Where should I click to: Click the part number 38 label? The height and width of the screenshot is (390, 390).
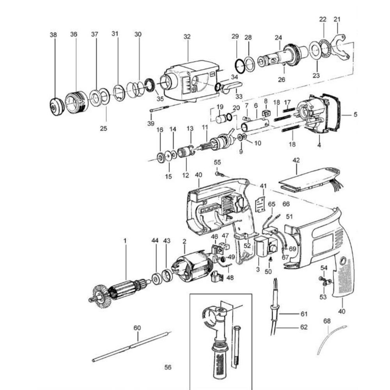53,35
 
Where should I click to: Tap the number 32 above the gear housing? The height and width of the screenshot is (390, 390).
187,37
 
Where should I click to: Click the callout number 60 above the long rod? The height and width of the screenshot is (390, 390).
137,328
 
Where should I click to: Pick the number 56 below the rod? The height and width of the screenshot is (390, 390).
168,367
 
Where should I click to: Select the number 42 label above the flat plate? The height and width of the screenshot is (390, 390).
296,160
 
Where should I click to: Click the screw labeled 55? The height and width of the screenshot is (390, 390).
219,174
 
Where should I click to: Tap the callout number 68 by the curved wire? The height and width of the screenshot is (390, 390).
327,321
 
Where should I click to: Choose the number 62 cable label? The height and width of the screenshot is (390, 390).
304,327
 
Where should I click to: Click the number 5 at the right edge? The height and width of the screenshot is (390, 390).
355,115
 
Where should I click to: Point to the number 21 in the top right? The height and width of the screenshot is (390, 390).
337,19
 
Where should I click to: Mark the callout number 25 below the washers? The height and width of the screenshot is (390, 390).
103,128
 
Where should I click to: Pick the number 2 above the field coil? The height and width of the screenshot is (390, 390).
184,241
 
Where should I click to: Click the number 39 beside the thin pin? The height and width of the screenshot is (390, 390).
151,123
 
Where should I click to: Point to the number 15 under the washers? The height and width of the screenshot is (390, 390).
168,176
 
